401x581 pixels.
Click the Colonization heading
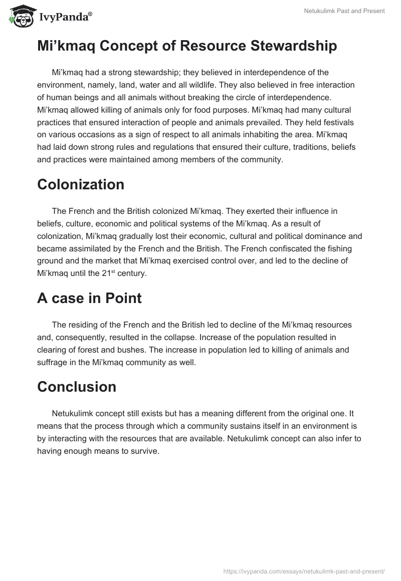(x=81, y=184)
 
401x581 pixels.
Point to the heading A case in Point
(x=89, y=298)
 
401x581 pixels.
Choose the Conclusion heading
(x=77, y=387)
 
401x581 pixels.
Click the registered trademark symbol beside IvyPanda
(x=90, y=15)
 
